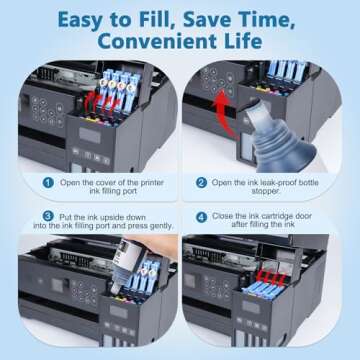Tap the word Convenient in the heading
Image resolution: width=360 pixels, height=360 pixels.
[150, 43]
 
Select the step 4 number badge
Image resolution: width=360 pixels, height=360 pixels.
[201, 217]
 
